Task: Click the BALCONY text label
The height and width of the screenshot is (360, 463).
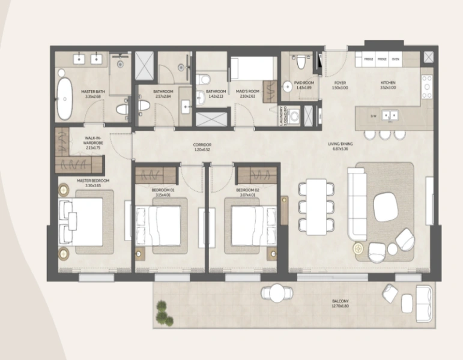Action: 340,302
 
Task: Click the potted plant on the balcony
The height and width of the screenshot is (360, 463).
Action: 162,313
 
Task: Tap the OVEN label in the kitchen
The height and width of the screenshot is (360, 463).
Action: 395,59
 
